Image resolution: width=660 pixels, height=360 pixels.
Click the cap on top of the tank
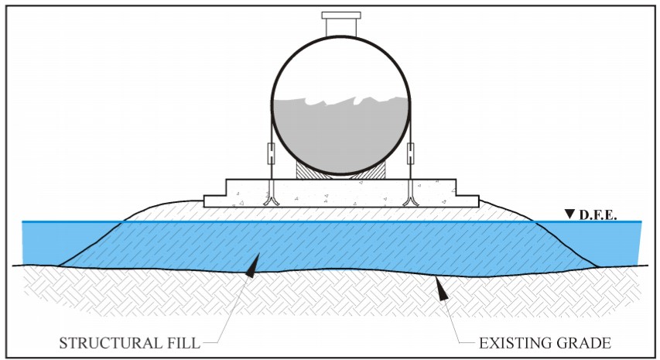[x=340, y=15]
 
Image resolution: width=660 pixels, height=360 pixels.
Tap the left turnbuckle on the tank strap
[x=272, y=153]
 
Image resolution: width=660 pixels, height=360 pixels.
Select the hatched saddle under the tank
[x=340, y=169]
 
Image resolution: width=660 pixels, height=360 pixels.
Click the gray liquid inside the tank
[x=340, y=132]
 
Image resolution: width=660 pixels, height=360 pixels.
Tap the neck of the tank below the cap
[x=340, y=27]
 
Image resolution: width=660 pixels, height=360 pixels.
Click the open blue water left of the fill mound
[x=58, y=242]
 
